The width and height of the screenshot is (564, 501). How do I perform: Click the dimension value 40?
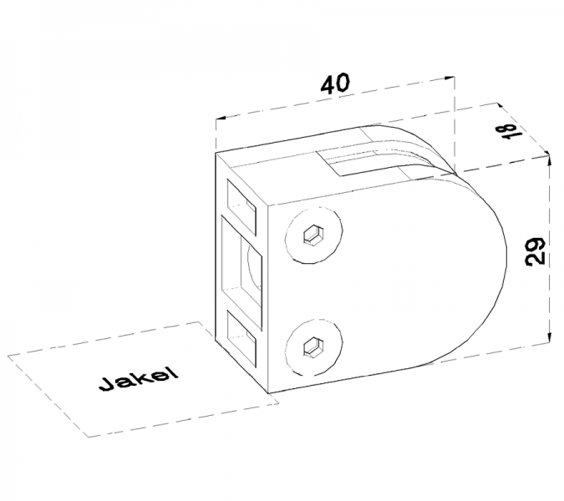click(335, 83)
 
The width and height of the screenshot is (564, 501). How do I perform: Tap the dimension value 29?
click(536, 251)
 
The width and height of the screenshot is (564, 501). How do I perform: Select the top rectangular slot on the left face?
click(241, 206)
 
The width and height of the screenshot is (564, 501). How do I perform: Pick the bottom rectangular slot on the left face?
click(241, 338)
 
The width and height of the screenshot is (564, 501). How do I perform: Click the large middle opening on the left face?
click(241, 272)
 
